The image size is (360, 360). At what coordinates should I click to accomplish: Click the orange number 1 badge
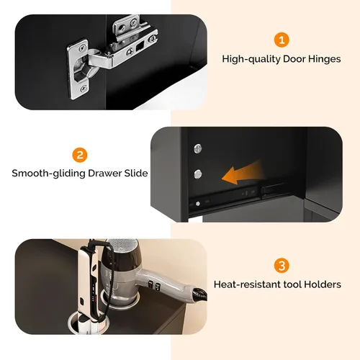282,40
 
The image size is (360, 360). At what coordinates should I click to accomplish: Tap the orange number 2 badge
80,155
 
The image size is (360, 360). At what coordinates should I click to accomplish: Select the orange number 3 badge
282,266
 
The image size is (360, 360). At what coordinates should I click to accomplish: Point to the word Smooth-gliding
48,174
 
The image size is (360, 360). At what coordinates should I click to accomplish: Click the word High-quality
251,59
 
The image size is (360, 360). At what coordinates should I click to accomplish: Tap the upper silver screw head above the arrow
198,148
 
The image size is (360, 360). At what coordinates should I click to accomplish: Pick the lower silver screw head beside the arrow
198,174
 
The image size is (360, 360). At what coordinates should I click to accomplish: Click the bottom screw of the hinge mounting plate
83,89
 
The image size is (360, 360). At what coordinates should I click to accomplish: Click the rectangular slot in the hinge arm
140,46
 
